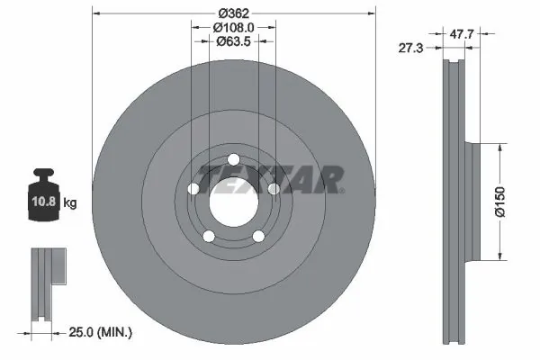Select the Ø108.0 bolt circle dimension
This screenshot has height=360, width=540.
click(x=234, y=28)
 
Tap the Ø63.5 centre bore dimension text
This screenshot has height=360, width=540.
click(x=234, y=42)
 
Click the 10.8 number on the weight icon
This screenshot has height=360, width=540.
click(x=47, y=202)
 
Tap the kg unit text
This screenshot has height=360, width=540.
click(x=70, y=203)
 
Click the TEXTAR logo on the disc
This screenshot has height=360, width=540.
click(x=270, y=177)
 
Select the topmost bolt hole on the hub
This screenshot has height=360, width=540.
click(x=233, y=161)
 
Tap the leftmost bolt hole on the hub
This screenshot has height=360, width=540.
click(x=193, y=188)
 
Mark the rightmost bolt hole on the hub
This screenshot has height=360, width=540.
click(x=274, y=188)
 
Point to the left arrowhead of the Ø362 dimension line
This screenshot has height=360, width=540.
click(x=97, y=13)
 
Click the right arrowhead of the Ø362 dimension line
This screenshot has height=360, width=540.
click(x=370, y=13)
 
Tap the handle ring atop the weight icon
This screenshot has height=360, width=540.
click(x=46, y=175)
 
